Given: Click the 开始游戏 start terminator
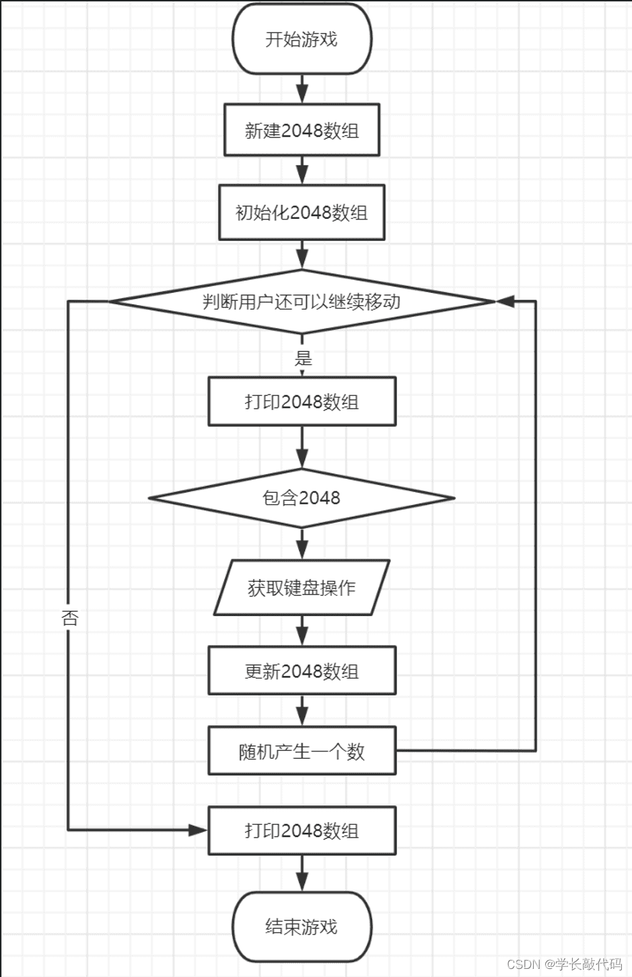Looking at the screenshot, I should pyautogui.click(x=302, y=39).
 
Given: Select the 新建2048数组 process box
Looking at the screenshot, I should pyautogui.click(x=302, y=130).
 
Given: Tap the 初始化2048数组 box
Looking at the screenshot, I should pyautogui.click(x=302, y=213).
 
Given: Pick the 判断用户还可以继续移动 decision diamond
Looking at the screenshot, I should pyautogui.click(x=302, y=302).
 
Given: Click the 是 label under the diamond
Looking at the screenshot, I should pyautogui.click(x=304, y=358).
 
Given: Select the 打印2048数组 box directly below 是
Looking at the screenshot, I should pyautogui.click(x=302, y=402).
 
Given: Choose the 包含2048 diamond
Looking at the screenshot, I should pyautogui.click(x=302, y=498).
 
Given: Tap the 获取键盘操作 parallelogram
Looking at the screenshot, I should pyautogui.click(x=302, y=588).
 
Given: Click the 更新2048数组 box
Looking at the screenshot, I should pyautogui.click(x=302, y=671).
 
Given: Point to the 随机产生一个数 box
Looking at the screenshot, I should pyautogui.click(x=302, y=751).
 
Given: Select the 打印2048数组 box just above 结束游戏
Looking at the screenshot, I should pyautogui.click(x=302, y=831).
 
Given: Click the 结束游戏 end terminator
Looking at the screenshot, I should pyautogui.click(x=302, y=927).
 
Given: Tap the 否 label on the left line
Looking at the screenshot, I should pyautogui.click(x=70, y=617).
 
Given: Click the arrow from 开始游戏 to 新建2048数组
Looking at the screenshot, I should pyautogui.click(x=302, y=89).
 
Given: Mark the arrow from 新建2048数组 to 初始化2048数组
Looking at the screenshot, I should pyautogui.click(x=302, y=170).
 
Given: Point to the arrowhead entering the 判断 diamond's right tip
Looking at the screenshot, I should pyautogui.click(x=505, y=302).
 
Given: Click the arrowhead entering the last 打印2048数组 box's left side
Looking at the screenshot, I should pyautogui.click(x=198, y=830).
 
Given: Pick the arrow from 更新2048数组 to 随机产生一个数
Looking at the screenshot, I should pyautogui.click(x=302, y=710).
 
